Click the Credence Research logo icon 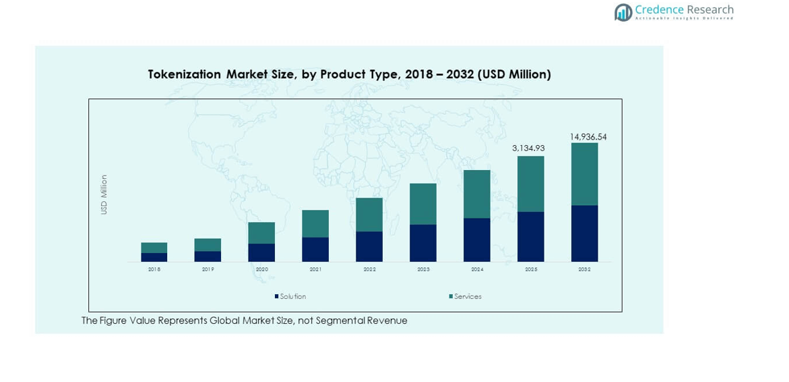tap(623, 11)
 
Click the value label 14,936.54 tap(588, 136)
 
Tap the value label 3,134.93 tap(528, 148)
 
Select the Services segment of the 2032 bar tap(584, 173)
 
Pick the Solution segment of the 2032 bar tap(584, 233)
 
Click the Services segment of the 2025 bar tap(530, 184)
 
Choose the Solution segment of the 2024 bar tap(476, 240)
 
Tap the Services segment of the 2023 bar tap(422, 204)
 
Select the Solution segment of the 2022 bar tap(369, 246)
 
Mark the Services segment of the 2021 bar tap(315, 223)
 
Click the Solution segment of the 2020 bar tap(261, 252)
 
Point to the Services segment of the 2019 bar tap(208, 244)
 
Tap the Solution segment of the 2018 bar tap(154, 257)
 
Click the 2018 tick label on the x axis tap(154, 269)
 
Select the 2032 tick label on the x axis tap(584, 269)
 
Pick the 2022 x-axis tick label tap(369, 269)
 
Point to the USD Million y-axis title tap(104, 194)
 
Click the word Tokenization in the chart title tap(185, 74)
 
